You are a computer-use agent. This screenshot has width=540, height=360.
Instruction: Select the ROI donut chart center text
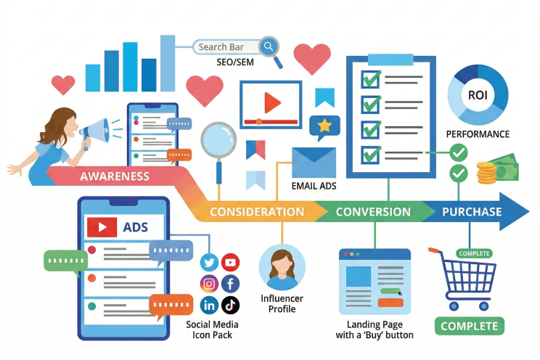coord(477,95)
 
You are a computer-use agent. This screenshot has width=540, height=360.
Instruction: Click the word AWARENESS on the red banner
coord(115,176)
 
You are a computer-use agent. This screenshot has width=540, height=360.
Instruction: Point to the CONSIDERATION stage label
coord(256,212)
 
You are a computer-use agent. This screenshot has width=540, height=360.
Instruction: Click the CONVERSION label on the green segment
coord(373,212)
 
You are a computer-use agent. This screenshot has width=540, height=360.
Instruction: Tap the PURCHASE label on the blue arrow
coord(472,212)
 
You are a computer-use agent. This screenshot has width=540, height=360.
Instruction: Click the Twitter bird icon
coord(210,263)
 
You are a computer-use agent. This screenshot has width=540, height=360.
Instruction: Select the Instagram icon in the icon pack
coord(210,284)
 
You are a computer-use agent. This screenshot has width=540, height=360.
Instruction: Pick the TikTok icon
coord(230,305)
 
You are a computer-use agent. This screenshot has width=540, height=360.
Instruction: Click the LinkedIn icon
coord(210,305)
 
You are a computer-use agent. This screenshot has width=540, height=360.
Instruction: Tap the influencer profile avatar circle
coord(282,267)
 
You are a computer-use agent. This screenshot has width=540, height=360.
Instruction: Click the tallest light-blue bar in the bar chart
coord(168,62)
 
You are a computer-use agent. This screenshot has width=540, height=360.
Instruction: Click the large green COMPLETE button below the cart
coord(470,326)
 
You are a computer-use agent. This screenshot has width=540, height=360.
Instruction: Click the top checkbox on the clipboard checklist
coord(371,78)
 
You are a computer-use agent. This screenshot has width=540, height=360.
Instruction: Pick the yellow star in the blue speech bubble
coord(324,126)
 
